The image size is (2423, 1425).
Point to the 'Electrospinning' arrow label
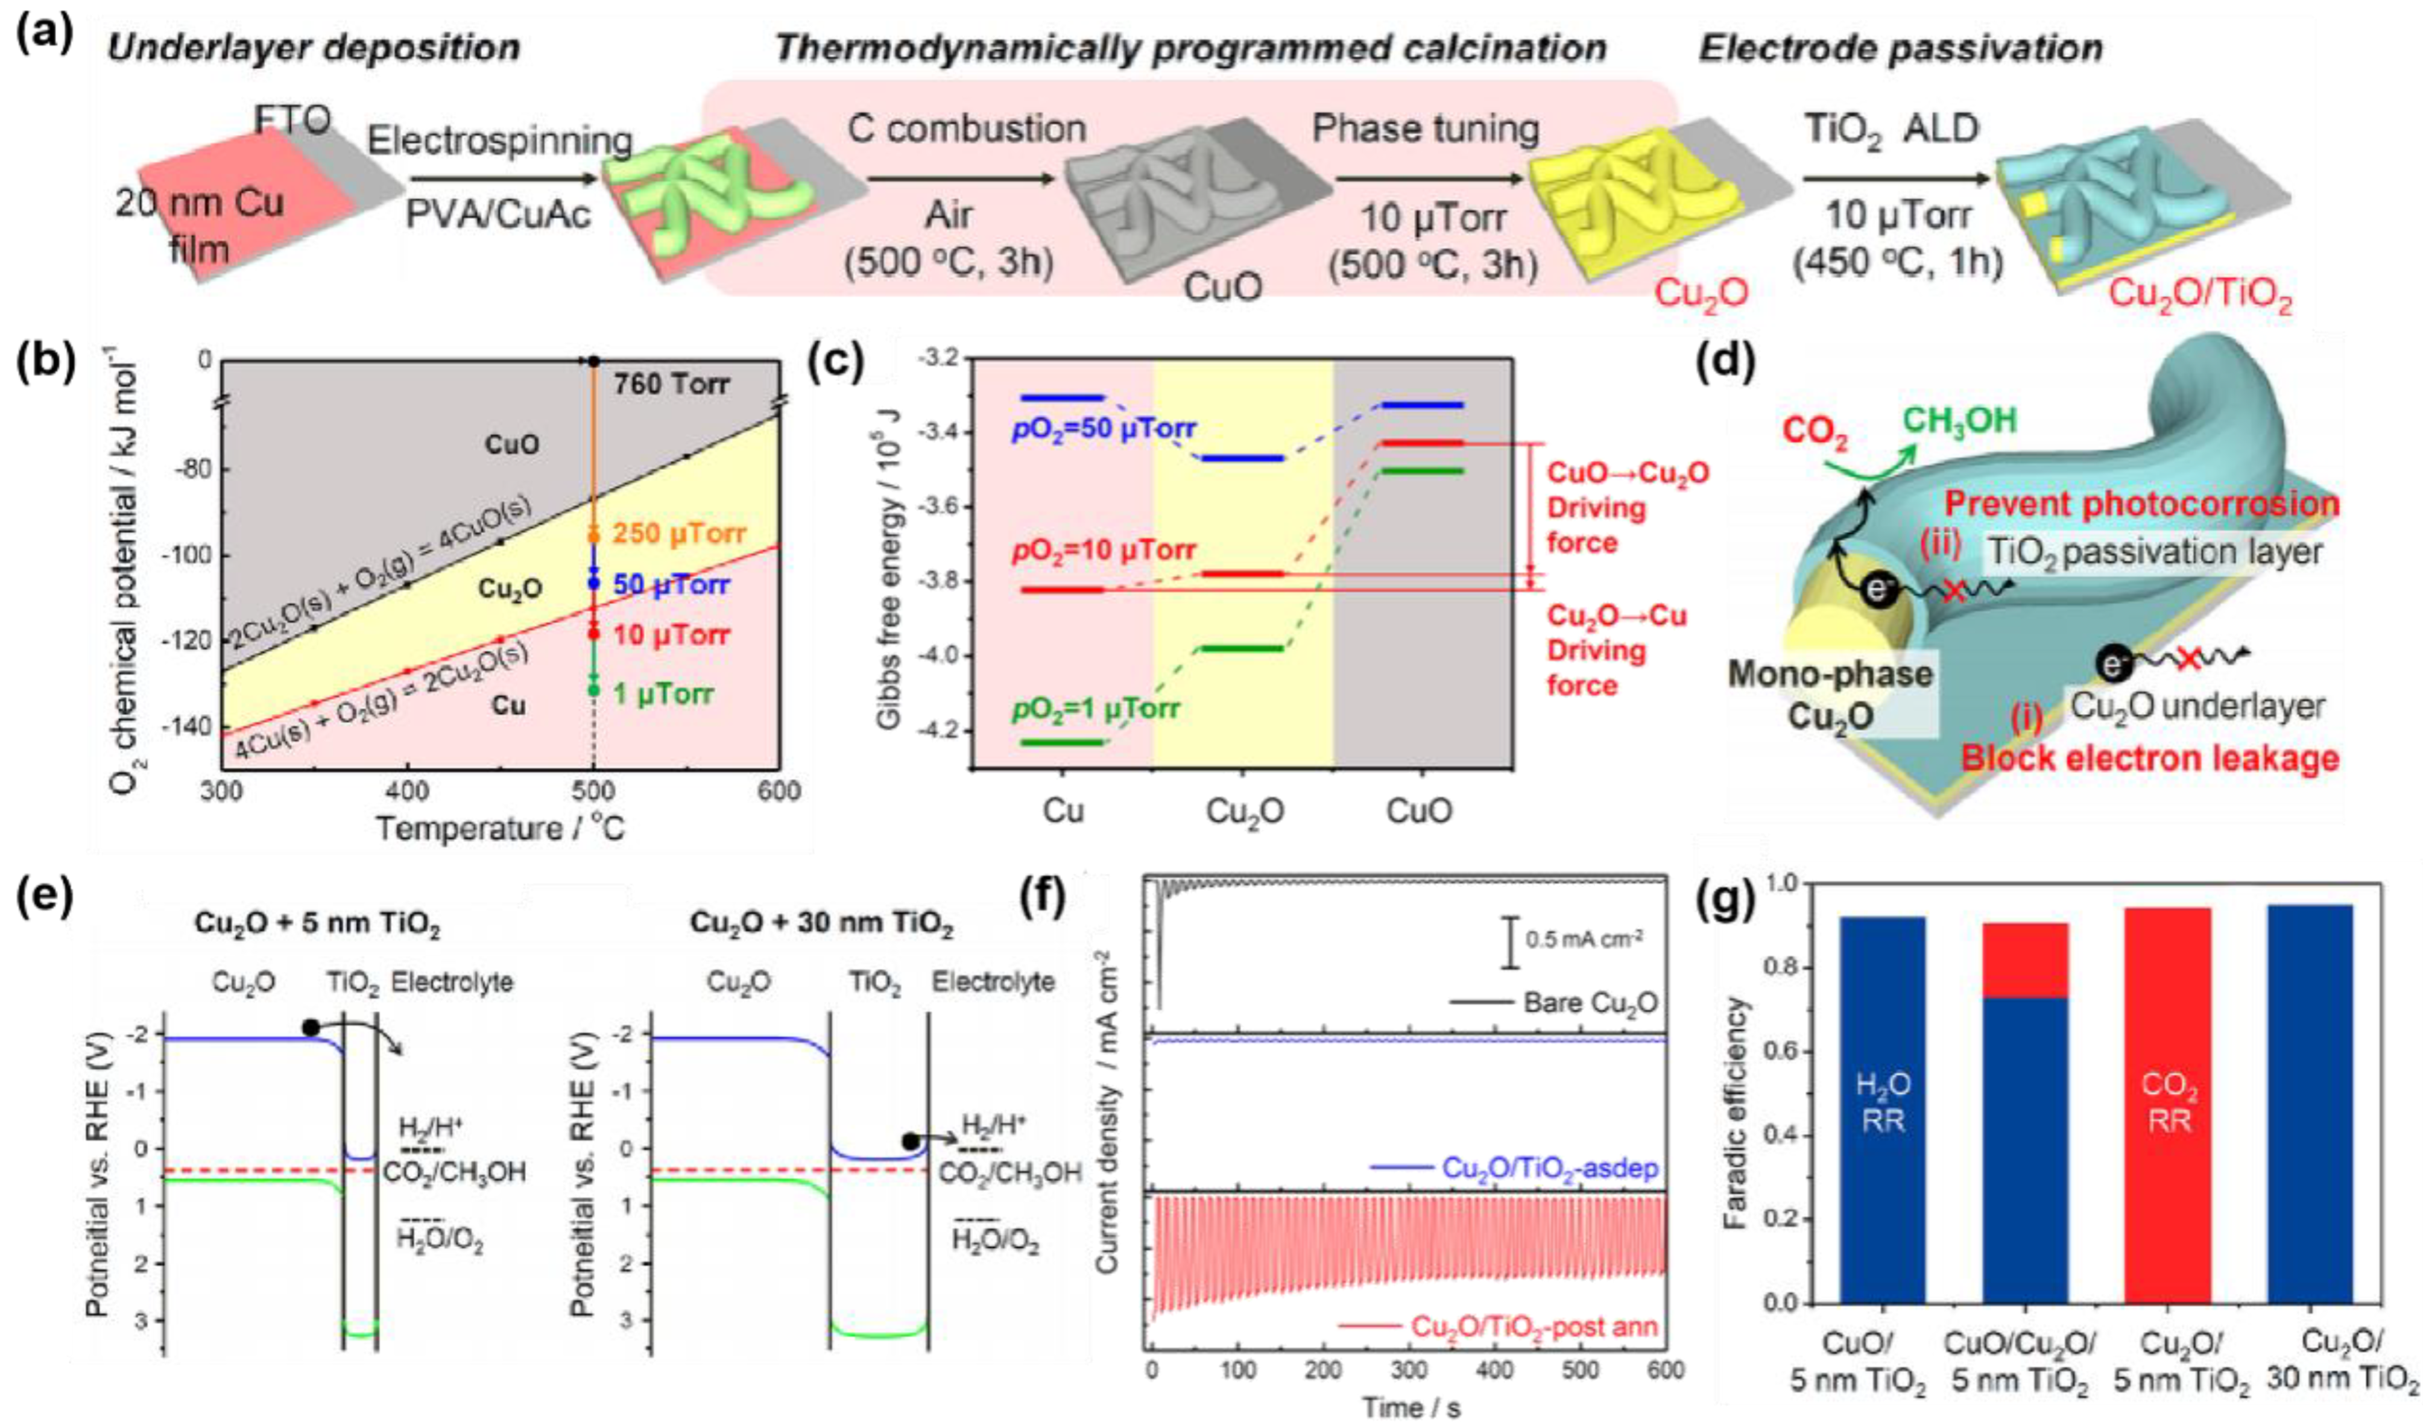[500, 141]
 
